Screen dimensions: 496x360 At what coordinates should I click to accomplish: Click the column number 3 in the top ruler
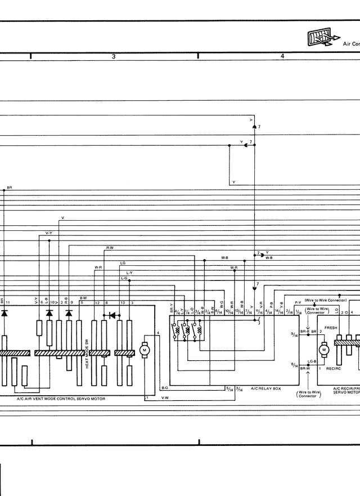pos(114,56)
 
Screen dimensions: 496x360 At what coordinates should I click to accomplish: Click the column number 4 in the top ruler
pos(282,56)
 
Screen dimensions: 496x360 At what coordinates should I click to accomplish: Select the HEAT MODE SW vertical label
pos(87,351)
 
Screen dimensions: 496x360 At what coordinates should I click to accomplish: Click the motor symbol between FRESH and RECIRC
pos(323,350)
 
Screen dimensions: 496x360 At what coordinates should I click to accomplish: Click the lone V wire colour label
pos(62,218)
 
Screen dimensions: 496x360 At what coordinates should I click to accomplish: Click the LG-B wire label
pos(312,361)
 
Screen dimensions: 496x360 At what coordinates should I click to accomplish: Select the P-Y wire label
pos(298,302)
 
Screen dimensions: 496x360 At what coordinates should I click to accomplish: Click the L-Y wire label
pos(129,273)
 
